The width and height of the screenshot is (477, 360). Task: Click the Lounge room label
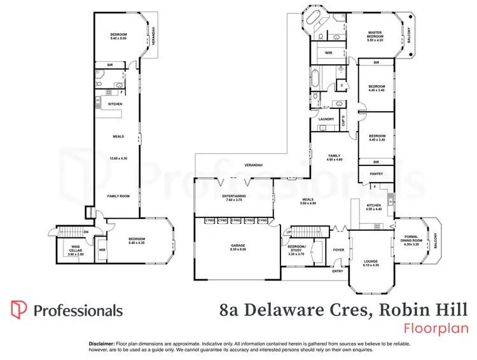click(370, 263)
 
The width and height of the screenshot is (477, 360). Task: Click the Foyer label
click(338, 250)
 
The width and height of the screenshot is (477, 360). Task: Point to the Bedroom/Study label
click(296, 249)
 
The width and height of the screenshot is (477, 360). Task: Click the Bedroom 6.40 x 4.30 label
click(137, 240)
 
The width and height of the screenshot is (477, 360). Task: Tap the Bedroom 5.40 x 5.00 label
click(119, 36)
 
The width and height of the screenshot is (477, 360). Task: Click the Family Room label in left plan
click(118, 196)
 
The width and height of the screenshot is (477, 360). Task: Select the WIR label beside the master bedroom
click(329, 53)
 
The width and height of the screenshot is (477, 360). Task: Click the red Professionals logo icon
click(19, 310)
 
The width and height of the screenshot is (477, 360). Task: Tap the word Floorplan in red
click(436, 328)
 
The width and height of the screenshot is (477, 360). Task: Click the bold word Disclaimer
click(101, 343)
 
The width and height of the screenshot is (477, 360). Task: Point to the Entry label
click(337, 272)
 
